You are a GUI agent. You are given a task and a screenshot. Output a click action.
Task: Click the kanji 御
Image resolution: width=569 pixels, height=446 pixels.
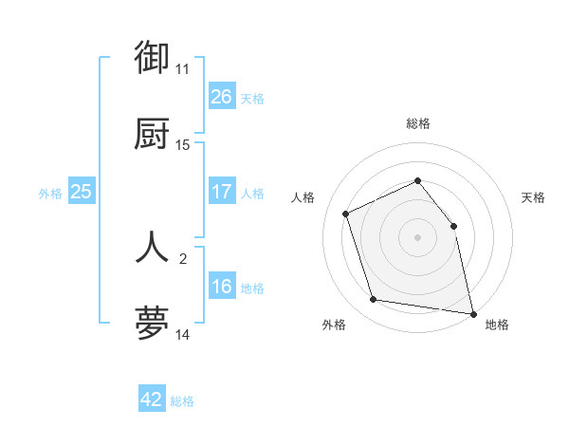point(152,58)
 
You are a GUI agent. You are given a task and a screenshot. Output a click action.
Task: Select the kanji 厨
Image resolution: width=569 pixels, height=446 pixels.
point(152,135)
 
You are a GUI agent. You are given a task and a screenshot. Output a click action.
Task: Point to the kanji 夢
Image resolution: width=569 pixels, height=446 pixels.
point(152,324)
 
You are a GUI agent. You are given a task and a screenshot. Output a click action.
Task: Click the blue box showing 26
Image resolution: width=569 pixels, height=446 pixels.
point(222,97)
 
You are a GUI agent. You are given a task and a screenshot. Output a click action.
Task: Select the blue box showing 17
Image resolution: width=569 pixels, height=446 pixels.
point(222,192)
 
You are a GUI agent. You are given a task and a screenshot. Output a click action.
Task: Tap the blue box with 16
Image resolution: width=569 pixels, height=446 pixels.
point(222,287)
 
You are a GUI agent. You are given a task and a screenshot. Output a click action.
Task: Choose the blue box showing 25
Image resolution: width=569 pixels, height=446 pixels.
point(82,192)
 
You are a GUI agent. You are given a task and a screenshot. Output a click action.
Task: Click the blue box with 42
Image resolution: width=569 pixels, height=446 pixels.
point(152,400)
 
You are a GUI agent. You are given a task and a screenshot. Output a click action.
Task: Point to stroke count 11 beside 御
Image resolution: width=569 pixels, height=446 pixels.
point(182,69)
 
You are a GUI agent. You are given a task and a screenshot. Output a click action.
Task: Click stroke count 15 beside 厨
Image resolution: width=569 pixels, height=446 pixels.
point(182,145)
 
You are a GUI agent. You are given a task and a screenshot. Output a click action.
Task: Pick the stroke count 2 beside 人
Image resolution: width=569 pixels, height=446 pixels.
point(182,257)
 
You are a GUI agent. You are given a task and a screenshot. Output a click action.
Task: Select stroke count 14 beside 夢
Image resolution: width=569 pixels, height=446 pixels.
point(182,334)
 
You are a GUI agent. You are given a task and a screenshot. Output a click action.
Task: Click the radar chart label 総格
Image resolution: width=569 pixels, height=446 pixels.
point(417,123)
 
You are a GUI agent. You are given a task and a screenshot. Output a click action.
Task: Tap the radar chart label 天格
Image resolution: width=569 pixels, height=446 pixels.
point(534,197)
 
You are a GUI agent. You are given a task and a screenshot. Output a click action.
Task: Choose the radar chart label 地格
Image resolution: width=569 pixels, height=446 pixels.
point(497,325)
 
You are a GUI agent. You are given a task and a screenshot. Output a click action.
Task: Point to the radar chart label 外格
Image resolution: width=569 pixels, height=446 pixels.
point(334,325)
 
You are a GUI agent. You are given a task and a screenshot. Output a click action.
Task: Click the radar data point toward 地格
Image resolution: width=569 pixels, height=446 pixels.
point(471,312)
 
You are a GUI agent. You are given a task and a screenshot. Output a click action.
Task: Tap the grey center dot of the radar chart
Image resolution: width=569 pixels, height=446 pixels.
point(417,237)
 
